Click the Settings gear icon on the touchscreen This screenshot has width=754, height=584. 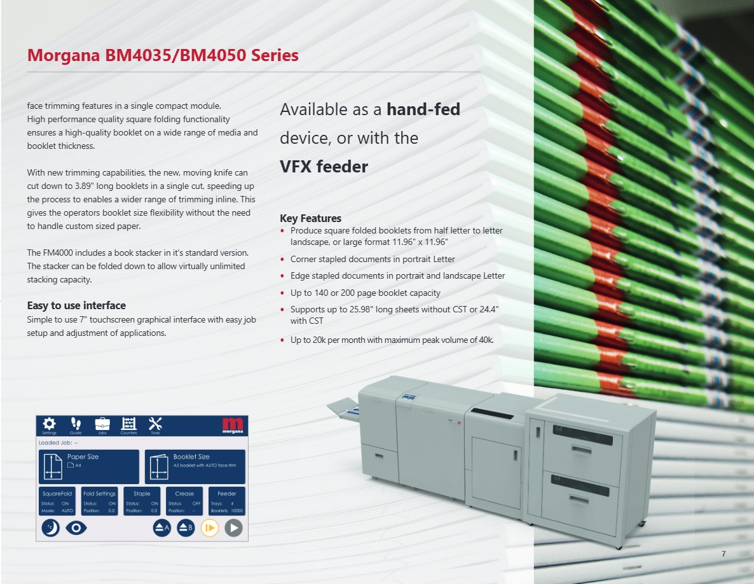49,424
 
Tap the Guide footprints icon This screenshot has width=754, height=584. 76,424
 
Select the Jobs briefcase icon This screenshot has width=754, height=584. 102,424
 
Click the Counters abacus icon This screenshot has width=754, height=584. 128,424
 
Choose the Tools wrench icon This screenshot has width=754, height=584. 155,424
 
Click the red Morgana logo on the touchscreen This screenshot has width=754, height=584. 234,426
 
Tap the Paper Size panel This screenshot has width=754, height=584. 89,466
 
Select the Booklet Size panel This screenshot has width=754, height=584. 195,466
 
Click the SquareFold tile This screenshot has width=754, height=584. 57,501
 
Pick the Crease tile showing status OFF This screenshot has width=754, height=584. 184,501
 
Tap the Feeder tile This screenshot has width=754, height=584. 226,501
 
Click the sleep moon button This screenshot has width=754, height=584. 50,528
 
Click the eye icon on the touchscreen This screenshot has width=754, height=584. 76,528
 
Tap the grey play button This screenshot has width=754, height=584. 233,528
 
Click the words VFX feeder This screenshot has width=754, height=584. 324,167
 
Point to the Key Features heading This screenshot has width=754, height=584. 310,218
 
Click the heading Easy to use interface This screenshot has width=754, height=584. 76,305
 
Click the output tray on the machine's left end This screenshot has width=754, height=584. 341,408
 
